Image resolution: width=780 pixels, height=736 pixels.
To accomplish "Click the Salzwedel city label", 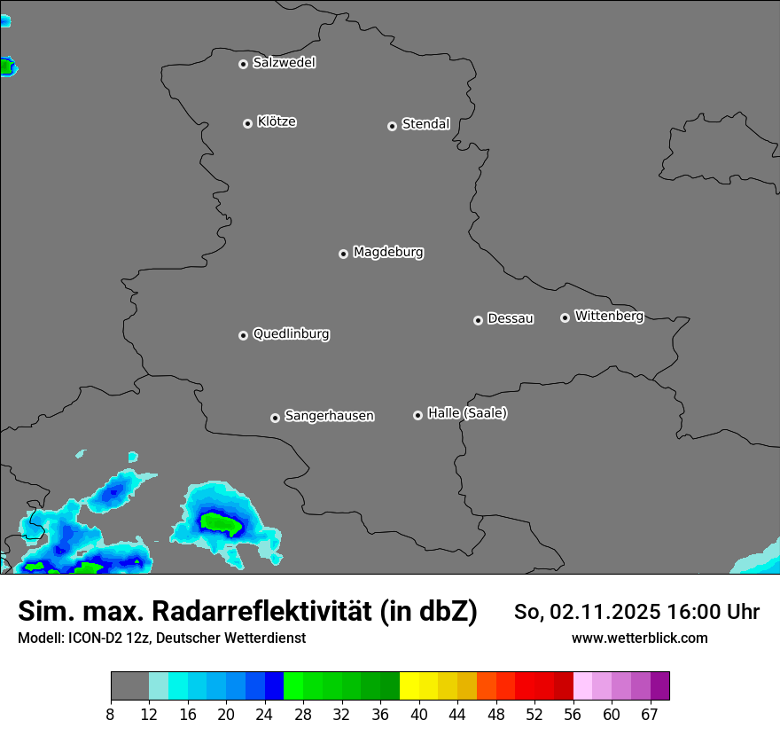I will tap(284, 63).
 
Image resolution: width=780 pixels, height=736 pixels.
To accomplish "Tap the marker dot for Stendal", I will tap(392, 126).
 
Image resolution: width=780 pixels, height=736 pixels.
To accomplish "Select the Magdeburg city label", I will tap(388, 253).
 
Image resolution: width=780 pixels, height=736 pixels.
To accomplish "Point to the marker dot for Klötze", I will tap(247, 123).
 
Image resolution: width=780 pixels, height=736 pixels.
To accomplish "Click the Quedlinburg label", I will tap(291, 334).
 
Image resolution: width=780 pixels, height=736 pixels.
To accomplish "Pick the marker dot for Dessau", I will tap(478, 320).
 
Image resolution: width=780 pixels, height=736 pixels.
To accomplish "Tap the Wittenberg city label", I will tap(609, 316).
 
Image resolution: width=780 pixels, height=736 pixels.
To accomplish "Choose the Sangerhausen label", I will tap(329, 416).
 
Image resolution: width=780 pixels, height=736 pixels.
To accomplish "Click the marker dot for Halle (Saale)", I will tap(417, 415).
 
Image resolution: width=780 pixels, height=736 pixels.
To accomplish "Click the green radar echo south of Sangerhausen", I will tap(220, 523).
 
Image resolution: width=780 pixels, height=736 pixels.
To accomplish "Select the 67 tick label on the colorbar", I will tap(650, 714).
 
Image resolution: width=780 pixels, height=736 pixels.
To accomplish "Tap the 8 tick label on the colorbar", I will tap(111, 714).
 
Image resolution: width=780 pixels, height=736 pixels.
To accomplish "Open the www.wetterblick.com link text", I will tap(640, 638).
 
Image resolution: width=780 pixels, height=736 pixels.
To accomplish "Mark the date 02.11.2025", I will tap(605, 612).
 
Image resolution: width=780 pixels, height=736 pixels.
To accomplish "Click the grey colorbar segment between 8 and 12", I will tap(129, 686).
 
